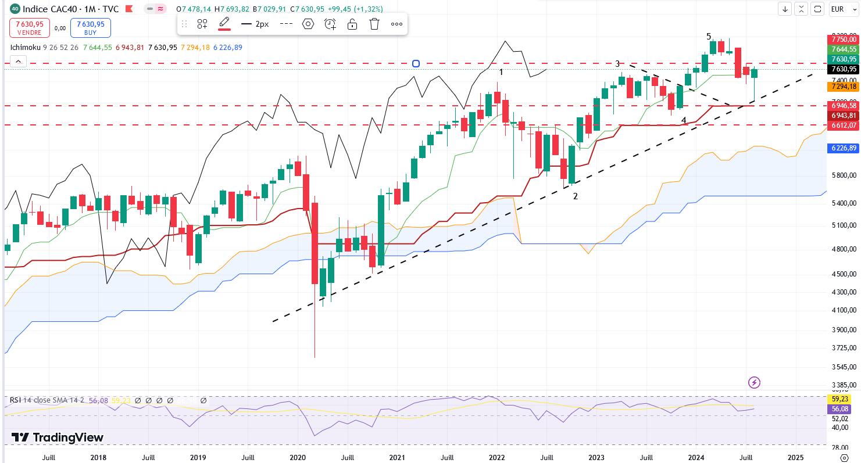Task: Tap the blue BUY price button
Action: pos(90,27)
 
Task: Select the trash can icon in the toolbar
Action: pos(374,24)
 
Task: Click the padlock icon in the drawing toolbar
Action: pos(352,24)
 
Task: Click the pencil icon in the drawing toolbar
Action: pos(224,23)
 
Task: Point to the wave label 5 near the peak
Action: pos(709,37)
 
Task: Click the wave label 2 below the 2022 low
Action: pos(576,196)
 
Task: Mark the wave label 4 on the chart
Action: pos(684,120)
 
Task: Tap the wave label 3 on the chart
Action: pos(618,64)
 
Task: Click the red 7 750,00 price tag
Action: pos(842,39)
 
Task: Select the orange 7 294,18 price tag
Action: pos(842,87)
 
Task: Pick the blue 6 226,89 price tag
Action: pos(842,148)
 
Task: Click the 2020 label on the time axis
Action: pos(298,457)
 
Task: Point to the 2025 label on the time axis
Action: pos(795,457)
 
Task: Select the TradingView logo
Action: pos(58,437)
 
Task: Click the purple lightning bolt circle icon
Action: pos(754,382)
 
